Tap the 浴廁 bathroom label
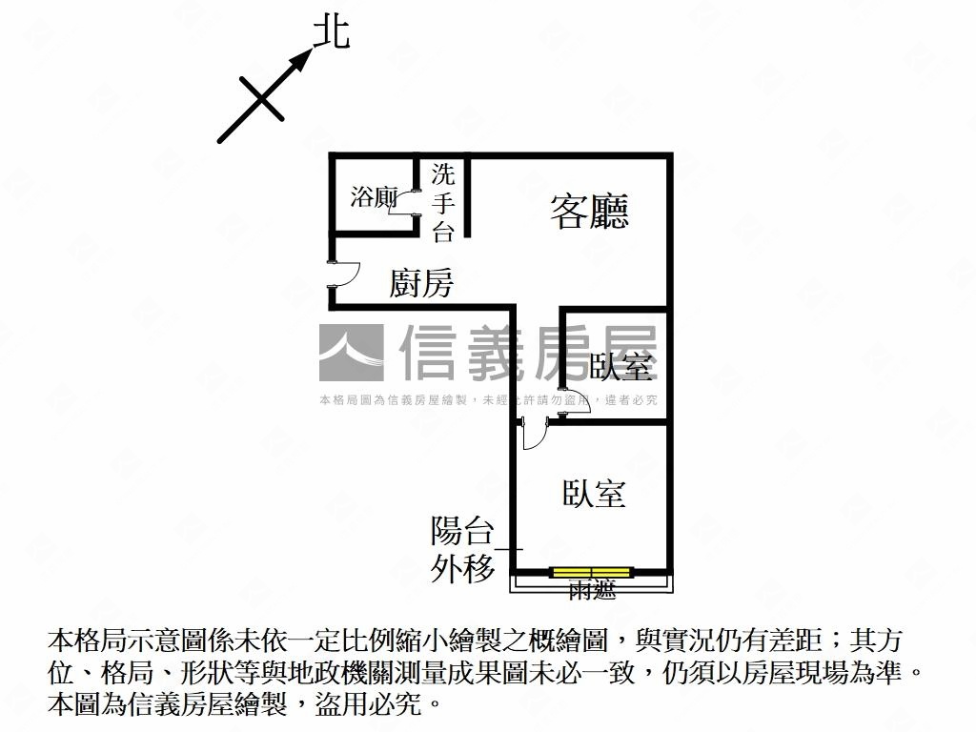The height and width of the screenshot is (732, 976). click(x=373, y=197)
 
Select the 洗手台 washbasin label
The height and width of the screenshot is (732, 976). click(x=443, y=203)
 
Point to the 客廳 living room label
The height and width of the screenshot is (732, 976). click(x=589, y=211)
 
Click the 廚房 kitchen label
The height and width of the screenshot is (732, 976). click(x=420, y=283)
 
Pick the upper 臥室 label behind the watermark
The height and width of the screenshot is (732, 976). click(x=621, y=366)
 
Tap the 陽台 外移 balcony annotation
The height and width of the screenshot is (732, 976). click(x=463, y=549)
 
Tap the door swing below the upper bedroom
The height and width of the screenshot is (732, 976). click(x=534, y=434)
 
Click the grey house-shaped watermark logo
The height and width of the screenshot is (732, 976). click(x=351, y=353)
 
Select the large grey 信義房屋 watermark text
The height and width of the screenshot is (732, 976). click(x=529, y=353)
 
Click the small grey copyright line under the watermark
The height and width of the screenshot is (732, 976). click(x=488, y=400)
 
